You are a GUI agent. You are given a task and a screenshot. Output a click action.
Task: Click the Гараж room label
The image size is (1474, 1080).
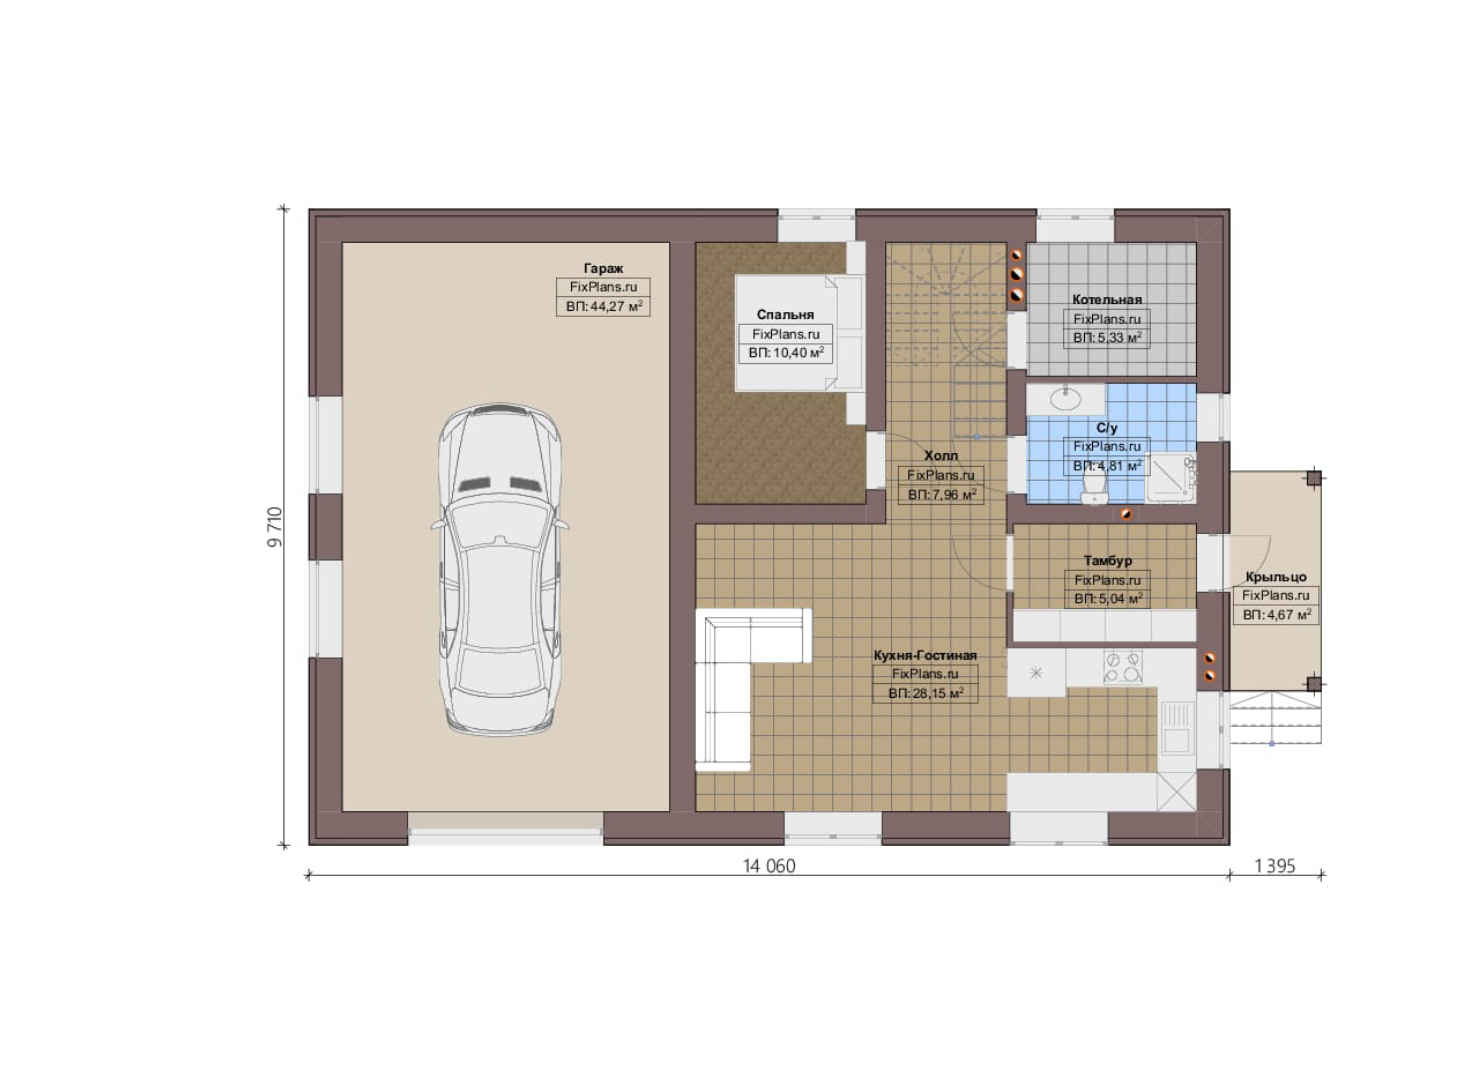(x=603, y=269)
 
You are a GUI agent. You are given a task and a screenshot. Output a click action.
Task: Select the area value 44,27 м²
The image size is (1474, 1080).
(x=603, y=306)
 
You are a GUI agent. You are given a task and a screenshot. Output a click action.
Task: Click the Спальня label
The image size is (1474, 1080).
(x=785, y=315)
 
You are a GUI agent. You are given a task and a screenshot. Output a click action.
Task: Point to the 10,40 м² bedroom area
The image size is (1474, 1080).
(x=786, y=353)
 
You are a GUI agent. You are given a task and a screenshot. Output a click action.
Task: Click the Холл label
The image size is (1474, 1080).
(x=941, y=455)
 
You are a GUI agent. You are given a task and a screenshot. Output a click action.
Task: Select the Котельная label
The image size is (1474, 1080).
(x=1107, y=299)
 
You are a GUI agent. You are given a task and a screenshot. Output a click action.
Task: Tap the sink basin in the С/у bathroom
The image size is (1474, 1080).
(x=1066, y=398)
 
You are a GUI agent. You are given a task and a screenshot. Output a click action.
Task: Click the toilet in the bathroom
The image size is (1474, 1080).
(x=1094, y=488)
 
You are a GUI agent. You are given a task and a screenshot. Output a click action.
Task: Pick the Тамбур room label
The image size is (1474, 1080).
(x=1107, y=561)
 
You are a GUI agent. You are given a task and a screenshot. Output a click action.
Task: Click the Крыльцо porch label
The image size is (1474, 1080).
(x=1276, y=577)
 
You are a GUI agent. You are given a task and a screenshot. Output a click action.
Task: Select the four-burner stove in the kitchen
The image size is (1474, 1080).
(x=1123, y=667)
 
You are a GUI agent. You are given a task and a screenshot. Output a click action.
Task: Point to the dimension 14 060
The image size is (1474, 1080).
(x=769, y=866)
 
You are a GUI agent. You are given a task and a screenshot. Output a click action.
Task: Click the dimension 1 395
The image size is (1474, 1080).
(x=1275, y=866)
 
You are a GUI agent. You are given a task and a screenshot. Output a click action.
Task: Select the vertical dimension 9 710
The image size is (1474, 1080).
(x=275, y=527)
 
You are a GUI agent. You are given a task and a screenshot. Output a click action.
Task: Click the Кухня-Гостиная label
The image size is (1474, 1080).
(x=925, y=655)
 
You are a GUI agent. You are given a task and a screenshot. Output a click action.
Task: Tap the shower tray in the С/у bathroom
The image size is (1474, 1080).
(x=1171, y=478)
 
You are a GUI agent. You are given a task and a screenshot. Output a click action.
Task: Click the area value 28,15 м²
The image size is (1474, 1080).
(x=925, y=693)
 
